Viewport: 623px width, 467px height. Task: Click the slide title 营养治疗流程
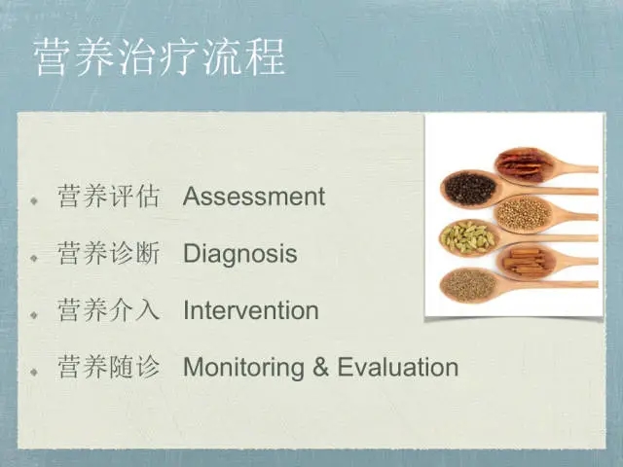[160, 57]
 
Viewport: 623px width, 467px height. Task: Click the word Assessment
[254, 197]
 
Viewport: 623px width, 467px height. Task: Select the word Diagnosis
[240, 254]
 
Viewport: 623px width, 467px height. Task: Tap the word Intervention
[251, 310]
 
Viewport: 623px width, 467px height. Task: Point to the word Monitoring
[243, 368]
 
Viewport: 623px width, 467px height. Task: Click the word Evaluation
[398, 367]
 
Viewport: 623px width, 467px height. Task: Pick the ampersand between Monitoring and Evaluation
[320, 367]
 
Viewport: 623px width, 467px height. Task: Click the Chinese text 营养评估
[108, 197]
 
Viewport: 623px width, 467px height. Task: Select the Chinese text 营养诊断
[108, 253]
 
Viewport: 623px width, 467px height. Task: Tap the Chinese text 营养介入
[108, 310]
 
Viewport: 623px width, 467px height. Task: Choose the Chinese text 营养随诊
[108, 367]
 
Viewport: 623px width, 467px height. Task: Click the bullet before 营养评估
[35, 200]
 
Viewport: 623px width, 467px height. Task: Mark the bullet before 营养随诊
[35, 372]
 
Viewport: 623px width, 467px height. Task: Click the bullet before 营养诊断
[35, 258]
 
